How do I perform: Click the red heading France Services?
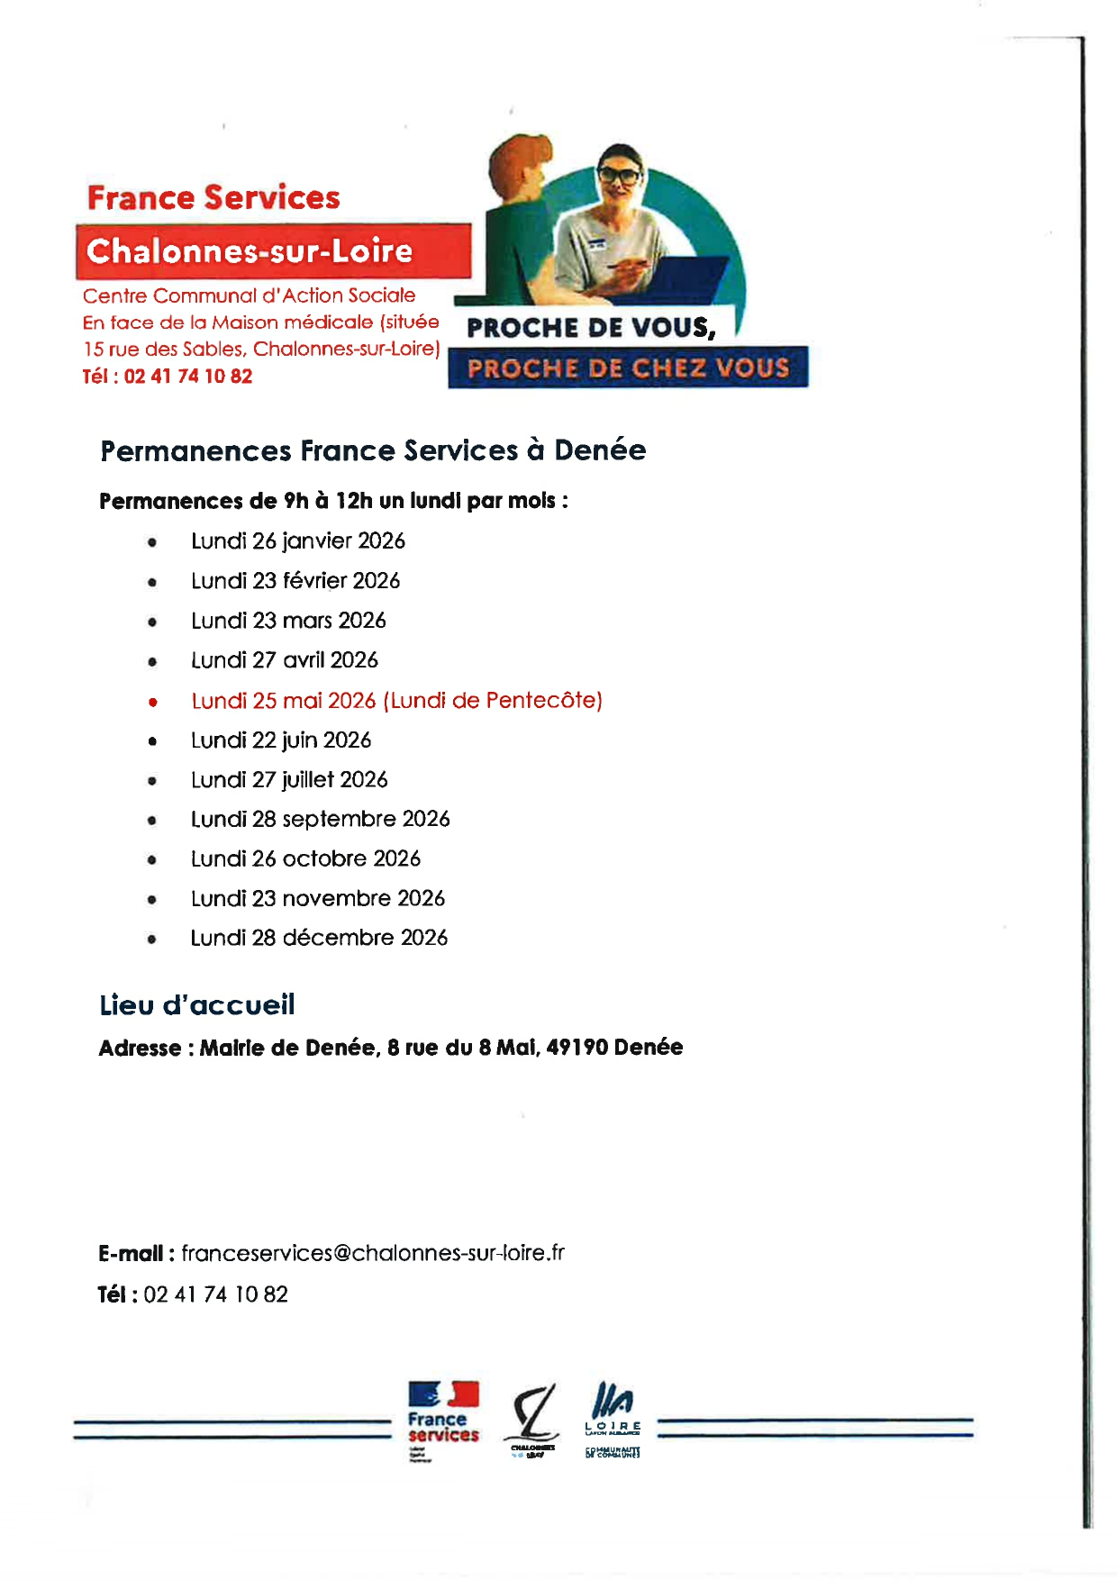tap(213, 197)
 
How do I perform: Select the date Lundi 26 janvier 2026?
tap(297, 541)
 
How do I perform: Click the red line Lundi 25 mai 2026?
tap(396, 701)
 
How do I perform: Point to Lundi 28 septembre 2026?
tap(320, 819)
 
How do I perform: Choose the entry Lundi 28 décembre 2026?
tap(319, 938)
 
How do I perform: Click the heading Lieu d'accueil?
tap(197, 1005)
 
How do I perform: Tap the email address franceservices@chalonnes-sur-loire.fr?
tap(373, 1253)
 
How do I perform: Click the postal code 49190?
tap(577, 1048)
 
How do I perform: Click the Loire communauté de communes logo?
tap(613, 1419)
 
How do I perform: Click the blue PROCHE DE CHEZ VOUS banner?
tap(628, 368)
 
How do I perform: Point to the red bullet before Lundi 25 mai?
tap(153, 702)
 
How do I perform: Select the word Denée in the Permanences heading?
tap(600, 450)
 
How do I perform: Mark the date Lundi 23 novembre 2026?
tap(317, 898)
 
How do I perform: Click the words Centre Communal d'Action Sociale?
tap(250, 295)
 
